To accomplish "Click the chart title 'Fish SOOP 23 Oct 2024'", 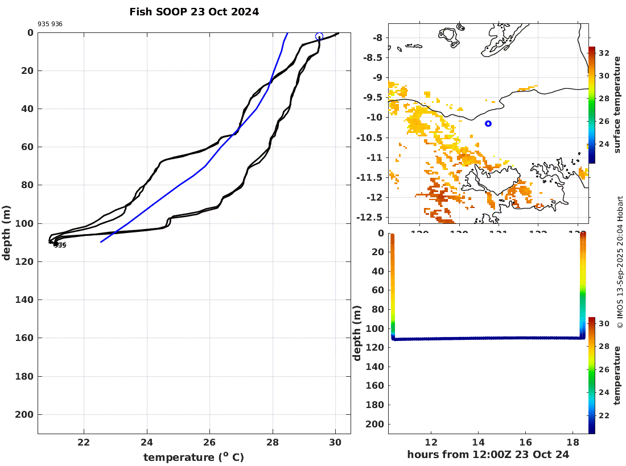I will (x=194, y=12).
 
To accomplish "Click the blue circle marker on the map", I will (x=488, y=123).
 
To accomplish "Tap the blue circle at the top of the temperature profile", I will (x=319, y=36).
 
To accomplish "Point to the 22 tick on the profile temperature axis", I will (x=84, y=443).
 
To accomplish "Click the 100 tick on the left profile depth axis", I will (x=26, y=223).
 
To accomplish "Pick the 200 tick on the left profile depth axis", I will (x=26, y=415).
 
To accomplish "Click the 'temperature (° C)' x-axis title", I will (x=193, y=457).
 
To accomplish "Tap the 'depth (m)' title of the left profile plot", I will (x=7, y=233).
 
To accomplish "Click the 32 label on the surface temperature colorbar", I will (x=604, y=53).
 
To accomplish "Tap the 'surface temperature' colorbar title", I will (x=616, y=105).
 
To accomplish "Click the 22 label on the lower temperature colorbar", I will (x=604, y=415).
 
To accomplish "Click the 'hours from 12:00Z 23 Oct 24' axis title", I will (x=488, y=455).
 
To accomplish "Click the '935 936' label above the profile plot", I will (x=50, y=24).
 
